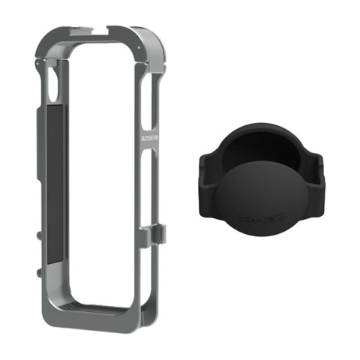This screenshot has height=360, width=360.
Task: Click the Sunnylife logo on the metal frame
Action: [145, 142]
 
